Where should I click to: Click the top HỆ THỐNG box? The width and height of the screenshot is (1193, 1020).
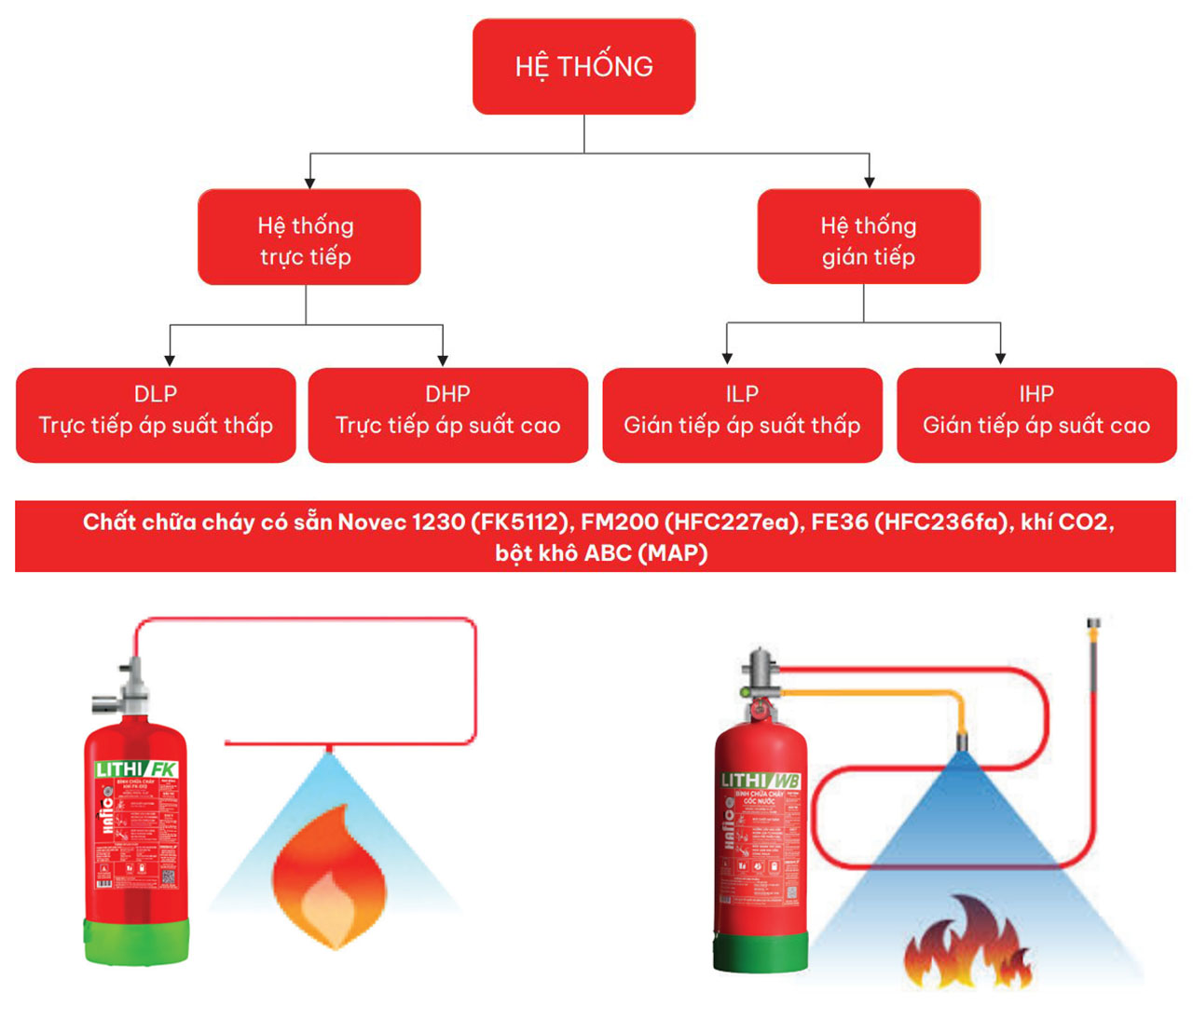pyautogui.click(x=583, y=66)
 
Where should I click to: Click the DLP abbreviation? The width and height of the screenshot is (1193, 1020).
pyautogui.click(x=156, y=394)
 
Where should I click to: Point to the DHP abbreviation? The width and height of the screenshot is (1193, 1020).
pyautogui.click(x=447, y=394)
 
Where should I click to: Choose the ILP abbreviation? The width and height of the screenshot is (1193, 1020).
pyautogui.click(x=742, y=394)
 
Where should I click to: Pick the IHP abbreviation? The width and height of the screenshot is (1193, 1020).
pyautogui.click(x=1035, y=394)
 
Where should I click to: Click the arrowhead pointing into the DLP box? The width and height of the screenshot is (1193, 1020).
pyautogui.click(x=170, y=360)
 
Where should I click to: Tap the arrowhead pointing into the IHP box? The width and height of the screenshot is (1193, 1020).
pyautogui.click(x=1000, y=359)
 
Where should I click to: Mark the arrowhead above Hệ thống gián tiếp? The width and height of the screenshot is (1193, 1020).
pyautogui.click(x=869, y=182)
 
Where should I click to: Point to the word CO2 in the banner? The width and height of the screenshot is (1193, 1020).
pyautogui.click(x=1087, y=522)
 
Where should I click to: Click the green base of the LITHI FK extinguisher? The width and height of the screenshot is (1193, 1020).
pyautogui.click(x=136, y=941)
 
